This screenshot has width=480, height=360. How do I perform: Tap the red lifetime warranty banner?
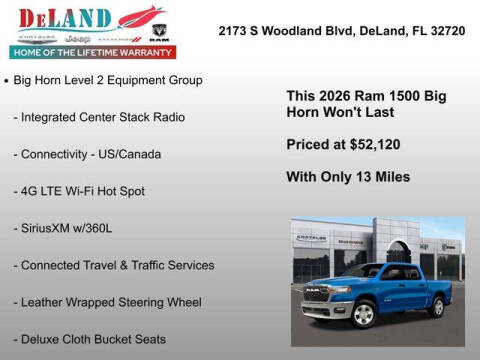pyautogui.click(x=91, y=51)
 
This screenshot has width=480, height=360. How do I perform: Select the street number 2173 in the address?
pyautogui.click(x=235, y=30)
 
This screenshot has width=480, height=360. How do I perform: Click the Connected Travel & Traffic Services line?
pyautogui.click(x=113, y=265)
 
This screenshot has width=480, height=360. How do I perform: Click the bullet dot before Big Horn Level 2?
pyautogui.click(x=7, y=80)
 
